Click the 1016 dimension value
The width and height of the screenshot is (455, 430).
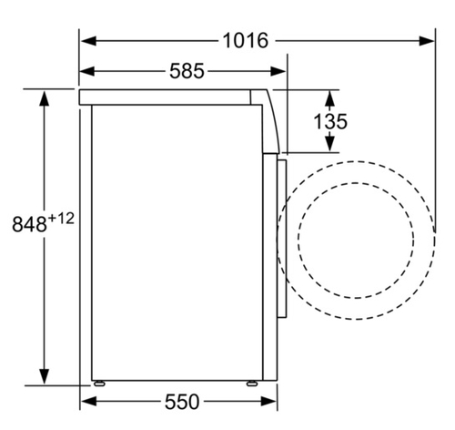246,41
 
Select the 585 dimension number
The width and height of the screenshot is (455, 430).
187,71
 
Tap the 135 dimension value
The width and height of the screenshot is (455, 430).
330,121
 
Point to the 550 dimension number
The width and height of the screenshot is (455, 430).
182,402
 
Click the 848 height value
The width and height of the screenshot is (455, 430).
29,224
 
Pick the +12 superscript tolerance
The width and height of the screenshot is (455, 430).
61,219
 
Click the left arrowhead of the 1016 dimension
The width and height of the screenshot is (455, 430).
88,41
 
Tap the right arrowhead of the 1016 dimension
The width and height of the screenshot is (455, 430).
427,41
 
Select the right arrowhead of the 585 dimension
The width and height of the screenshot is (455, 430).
278,71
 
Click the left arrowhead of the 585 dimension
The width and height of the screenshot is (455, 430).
87,71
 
